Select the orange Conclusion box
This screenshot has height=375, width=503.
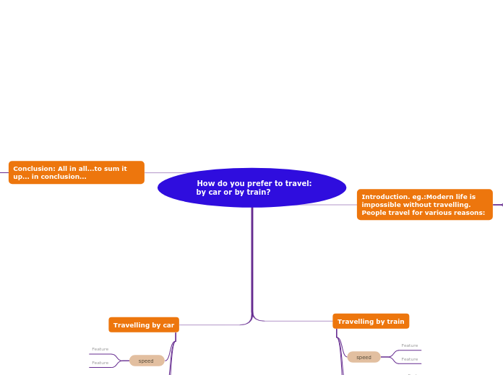tap(76, 172)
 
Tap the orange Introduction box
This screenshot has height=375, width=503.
tap(424, 205)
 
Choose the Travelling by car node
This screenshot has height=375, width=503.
tap(144, 325)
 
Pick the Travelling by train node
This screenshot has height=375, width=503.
tap(371, 322)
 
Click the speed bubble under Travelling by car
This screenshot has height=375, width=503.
tap(147, 361)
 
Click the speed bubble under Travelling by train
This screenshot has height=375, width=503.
tap(364, 357)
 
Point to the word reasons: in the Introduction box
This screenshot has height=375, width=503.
tap(470, 213)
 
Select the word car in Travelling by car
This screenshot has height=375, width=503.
tap(169, 325)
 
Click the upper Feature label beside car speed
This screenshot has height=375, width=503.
tap(100, 349)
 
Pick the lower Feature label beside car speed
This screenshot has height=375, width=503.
tap(100, 363)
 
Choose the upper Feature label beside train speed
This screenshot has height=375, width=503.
tap(410, 345)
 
